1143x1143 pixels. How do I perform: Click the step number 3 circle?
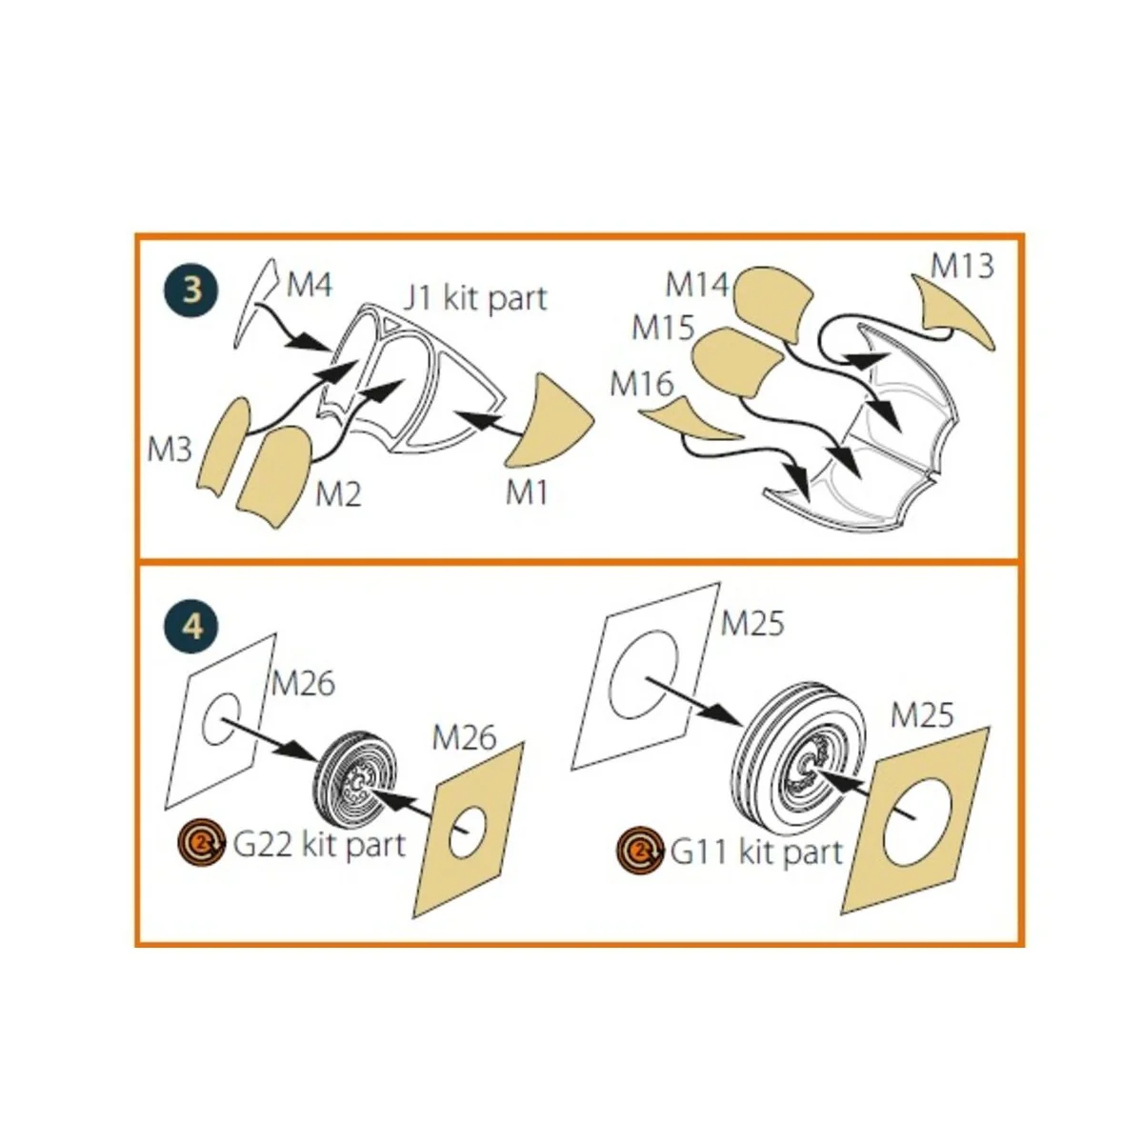click(x=191, y=291)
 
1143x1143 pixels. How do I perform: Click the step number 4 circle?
click(x=191, y=625)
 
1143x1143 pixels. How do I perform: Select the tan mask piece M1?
click(x=550, y=421)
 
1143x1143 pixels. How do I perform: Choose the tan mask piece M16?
click(x=691, y=417)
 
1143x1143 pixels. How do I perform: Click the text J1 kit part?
click(x=474, y=299)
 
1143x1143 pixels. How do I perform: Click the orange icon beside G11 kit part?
click(x=639, y=851)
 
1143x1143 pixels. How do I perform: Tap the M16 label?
click(x=642, y=384)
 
